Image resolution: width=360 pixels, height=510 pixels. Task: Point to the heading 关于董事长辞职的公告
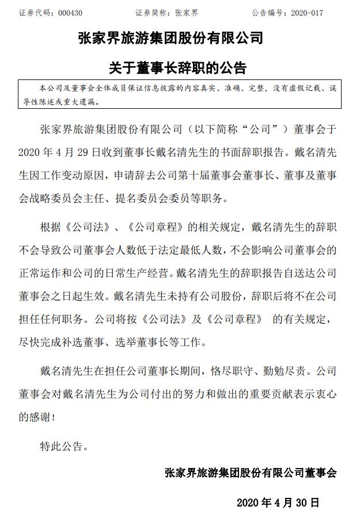pos(177,68)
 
